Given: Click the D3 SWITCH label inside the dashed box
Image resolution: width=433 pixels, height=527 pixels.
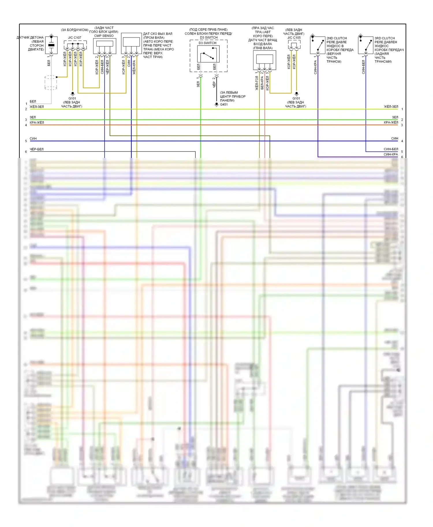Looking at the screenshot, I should point(207,43).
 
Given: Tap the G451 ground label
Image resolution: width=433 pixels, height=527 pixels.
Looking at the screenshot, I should point(224,104).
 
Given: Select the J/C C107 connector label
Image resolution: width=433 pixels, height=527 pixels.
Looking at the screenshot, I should point(75,37).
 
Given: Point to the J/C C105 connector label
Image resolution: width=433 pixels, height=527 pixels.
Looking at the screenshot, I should point(294,37).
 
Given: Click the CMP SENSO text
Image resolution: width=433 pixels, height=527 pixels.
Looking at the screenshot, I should point(104,36).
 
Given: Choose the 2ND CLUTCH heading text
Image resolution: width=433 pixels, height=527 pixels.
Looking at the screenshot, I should point(337,38).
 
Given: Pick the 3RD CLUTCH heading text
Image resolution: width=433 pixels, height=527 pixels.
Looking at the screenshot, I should point(385,38).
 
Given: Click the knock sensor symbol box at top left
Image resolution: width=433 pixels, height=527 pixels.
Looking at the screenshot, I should point(51,45).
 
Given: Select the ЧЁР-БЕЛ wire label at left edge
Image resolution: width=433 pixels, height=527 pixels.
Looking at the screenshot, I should point(37,149).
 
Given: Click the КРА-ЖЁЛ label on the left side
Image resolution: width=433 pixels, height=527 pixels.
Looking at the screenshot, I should point(37,123).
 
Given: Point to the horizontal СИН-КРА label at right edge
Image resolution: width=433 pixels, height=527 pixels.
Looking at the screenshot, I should point(391,155).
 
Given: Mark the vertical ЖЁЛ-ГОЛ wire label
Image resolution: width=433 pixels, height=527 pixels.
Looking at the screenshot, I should point(257,83).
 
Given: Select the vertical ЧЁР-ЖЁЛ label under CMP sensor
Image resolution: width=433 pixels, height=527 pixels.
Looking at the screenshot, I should point(107,67).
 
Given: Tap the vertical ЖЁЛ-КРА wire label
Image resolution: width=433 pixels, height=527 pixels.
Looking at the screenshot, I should point(134,67).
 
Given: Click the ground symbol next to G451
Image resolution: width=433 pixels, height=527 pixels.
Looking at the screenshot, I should point(216,105).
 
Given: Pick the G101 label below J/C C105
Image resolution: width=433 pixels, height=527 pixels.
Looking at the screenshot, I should point(296,98).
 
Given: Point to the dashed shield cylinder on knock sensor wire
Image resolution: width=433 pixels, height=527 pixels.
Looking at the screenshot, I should point(51,83).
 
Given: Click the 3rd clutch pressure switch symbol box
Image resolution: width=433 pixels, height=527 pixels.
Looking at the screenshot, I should point(365,45).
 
